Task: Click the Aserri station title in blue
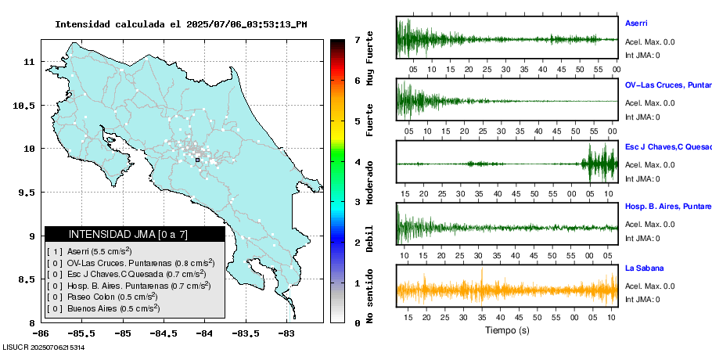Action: (x=636, y=23)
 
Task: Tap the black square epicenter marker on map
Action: (x=197, y=160)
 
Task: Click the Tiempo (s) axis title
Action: (x=507, y=330)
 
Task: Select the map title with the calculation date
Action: (x=181, y=24)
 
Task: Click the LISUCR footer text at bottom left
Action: (x=44, y=347)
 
